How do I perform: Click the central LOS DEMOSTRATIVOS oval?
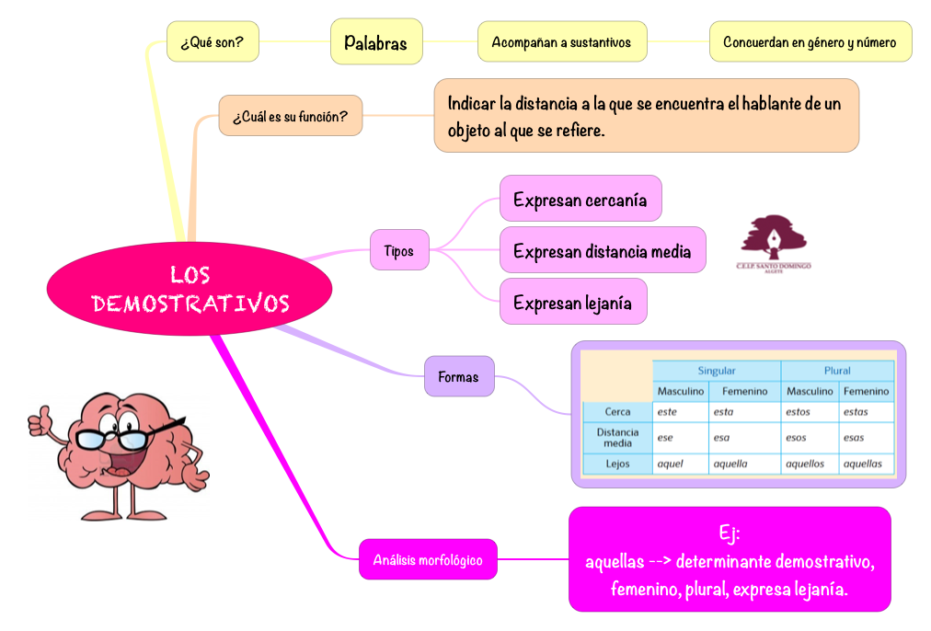tap(190, 289)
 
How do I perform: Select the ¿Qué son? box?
tap(212, 42)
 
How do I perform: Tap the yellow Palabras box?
tap(376, 42)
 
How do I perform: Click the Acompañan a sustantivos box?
tap(561, 42)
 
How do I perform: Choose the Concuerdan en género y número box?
tap(810, 42)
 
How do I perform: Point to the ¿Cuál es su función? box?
tap(290, 116)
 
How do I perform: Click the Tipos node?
tap(399, 250)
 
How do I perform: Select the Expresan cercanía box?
tap(580, 199)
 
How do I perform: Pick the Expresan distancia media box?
tap(603, 250)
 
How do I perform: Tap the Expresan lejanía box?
tap(572, 302)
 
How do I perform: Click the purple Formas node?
tap(458, 376)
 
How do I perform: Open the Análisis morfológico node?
tap(428, 559)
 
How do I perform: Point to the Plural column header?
tap(837, 371)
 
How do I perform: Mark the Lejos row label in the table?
tap(617, 464)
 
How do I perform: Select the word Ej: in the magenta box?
tap(730, 533)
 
